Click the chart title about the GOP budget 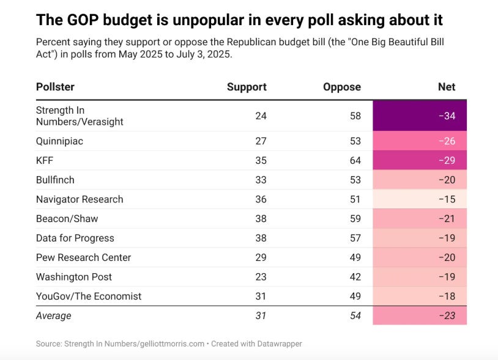click(239, 20)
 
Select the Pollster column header click(55, 87)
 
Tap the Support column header click(247, 87)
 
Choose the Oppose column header click(342, 87)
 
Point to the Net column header click(447, 87)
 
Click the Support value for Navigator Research click(261, 199)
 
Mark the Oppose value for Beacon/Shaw click(355, 219)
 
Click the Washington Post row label click(74, 277)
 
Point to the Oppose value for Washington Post click(355, 277)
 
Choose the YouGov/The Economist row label click(89, 296)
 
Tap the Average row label click(54, 316)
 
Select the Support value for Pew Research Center click(261, 257)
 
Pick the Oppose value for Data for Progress click(355, 238)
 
